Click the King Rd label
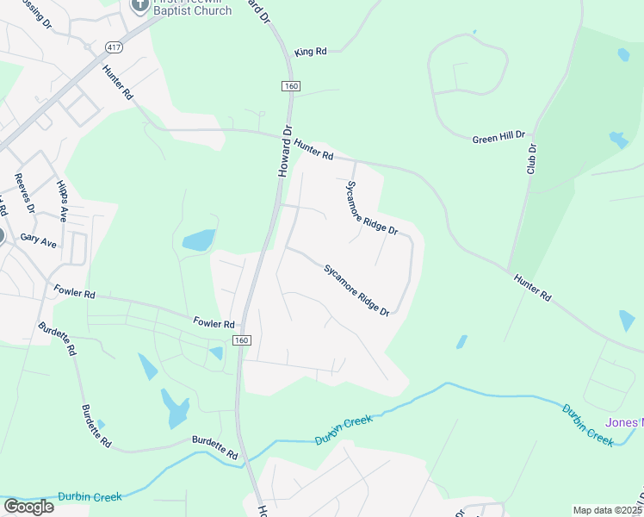(x=311, y=52)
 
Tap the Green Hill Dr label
(x=504, y=139)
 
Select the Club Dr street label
(x=532, y=159)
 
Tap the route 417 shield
(x=114, y=46)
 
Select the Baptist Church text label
(x=191, y=11)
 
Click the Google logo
(x=28, y=507)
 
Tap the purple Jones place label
(x=624, y=422)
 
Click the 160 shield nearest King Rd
(x=290, y=86)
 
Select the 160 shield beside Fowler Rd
(x=242, y=341)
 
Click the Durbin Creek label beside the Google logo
(x=90, y=496)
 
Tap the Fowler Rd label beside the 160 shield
(x=214, y=323)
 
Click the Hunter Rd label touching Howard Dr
(x=313, y=149)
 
